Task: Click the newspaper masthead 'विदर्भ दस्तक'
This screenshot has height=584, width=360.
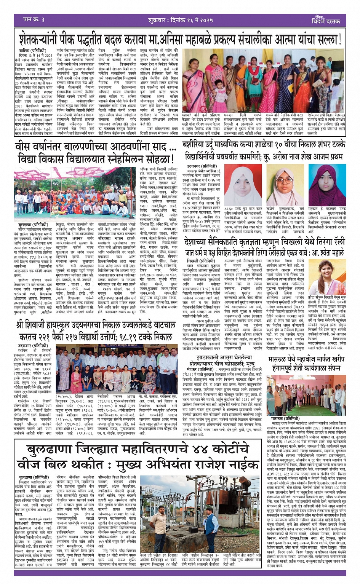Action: pos(326,21)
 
